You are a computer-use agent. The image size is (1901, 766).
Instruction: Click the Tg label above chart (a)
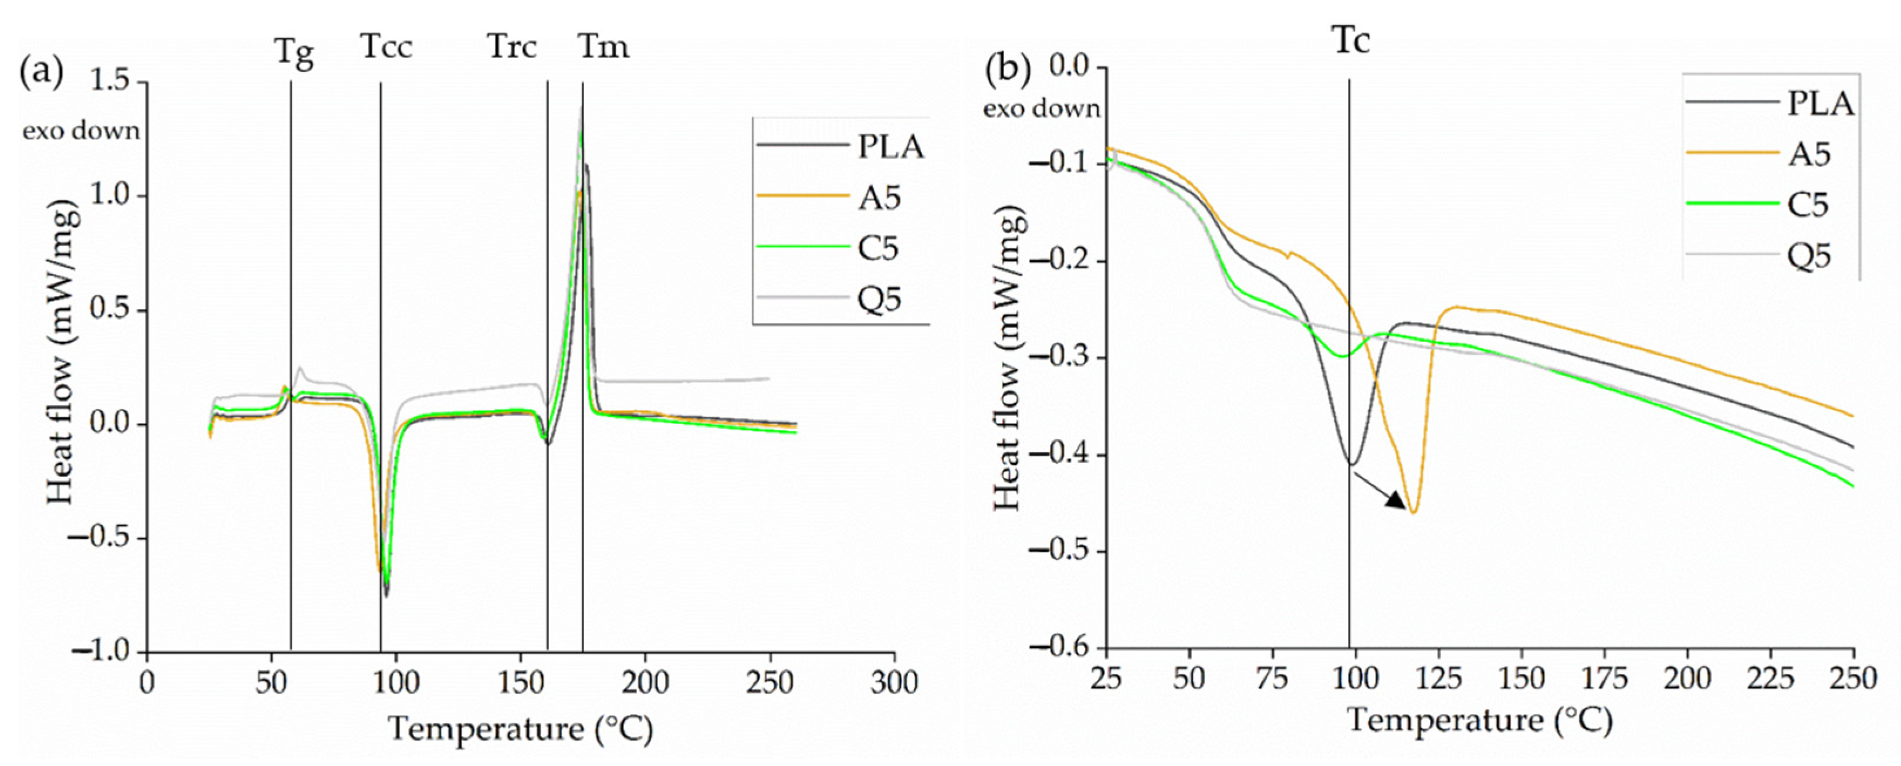click(294, 53)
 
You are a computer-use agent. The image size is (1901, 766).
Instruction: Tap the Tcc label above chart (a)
click(387, 48)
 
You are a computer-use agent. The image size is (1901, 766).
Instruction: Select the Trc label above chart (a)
click(512, 48)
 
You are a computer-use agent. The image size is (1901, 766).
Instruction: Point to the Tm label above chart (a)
click(603, 48)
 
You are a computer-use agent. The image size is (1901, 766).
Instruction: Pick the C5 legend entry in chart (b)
click(1808, 205)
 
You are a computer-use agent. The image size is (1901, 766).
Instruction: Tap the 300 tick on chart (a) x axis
click(894, 683)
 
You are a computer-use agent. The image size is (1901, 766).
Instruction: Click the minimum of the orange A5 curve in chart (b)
click(1412, 512)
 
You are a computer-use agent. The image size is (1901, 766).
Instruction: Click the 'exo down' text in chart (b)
click(1041, 109)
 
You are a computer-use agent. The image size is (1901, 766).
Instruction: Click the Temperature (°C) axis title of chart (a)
click(521, 729)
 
